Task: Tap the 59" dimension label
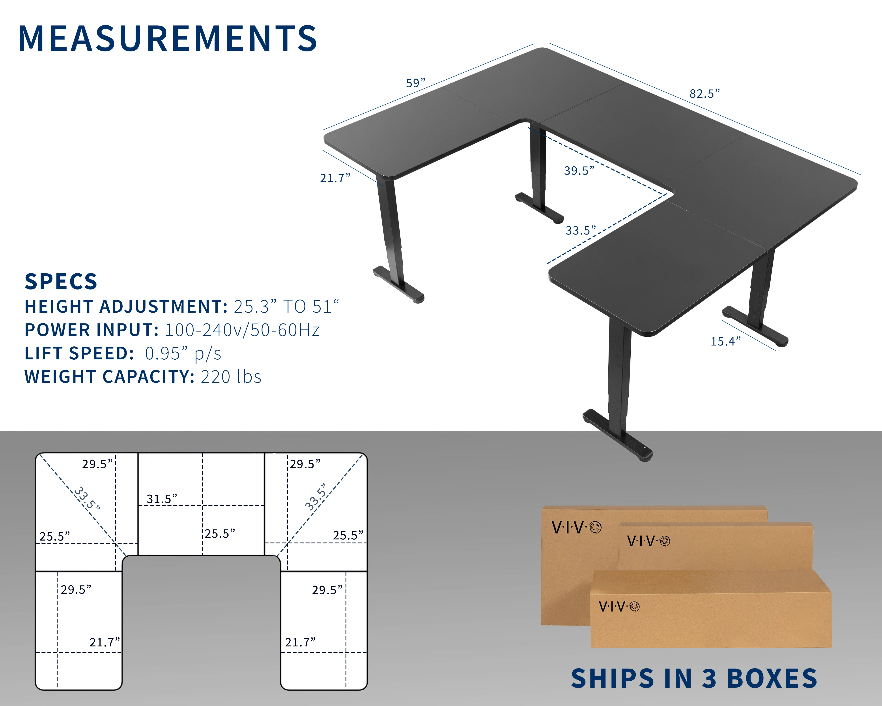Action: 415,83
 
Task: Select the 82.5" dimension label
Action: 704,94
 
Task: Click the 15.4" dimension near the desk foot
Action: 725,341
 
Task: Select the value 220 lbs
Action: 231,377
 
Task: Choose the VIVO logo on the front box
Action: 619,606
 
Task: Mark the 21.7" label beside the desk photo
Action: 335,178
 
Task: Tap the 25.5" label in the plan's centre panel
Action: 220,534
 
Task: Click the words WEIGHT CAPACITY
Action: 109,377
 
